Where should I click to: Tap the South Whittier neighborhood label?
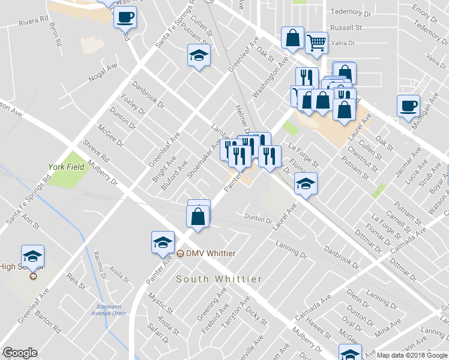pyautogui.click(x=219, y=280)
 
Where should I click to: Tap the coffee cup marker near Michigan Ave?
pyautogui.click(x=408, y=106)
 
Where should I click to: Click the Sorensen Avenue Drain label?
pyautogui.click(x=109, y=309)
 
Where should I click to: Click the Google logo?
pyautogui.click(x=20, y=353)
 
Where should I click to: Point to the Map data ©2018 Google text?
pyautogui.click(x=412, y=355)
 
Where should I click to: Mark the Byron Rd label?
pyautogui.click(x=56, y=35)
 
